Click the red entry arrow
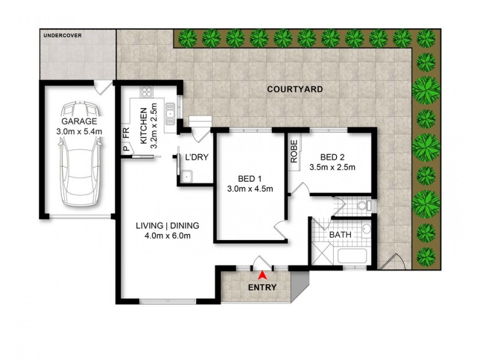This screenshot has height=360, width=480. click(x=262, y=275)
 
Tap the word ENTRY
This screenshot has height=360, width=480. click(x=262, y=287)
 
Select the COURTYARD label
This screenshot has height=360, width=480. click(x=295, y=89)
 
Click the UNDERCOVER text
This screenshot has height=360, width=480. click(x=62, y=35)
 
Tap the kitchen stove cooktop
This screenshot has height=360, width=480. click(x=147, y=92)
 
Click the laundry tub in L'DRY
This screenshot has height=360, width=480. click(x=187, y=176)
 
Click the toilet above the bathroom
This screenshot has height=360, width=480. click(x=361, y=206)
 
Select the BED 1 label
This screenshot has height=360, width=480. click(x=250, y=179)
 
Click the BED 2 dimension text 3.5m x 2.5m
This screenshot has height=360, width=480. click(x=331, y=167)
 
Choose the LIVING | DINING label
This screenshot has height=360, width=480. click(x=167, y=226)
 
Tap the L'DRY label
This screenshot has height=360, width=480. click(x=196, y=157)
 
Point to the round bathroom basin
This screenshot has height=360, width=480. click(x=365, y=229)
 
